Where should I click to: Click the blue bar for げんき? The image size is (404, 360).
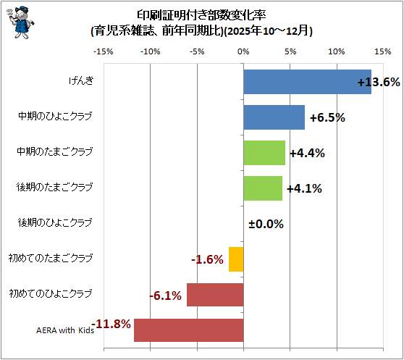point(308,82)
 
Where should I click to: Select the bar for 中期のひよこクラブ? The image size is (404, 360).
point(274,117)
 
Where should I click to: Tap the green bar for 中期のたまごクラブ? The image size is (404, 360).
point(264,153)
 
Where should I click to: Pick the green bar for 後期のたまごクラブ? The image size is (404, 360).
point(263,188)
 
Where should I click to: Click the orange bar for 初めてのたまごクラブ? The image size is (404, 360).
point(236,259)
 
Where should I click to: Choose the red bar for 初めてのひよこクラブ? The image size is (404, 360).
point(215,295)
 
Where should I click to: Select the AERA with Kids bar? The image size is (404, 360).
point(188,330)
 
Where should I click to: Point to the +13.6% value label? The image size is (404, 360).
point(379,82)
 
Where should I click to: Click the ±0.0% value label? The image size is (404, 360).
point(266,224)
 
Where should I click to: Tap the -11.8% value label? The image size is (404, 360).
point(111,324)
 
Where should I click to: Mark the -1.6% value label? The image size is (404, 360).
point(207,259)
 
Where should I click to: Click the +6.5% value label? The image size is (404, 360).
point(327,118)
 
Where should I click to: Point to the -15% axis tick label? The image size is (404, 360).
point(104,52)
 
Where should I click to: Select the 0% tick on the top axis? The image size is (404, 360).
point(243,52)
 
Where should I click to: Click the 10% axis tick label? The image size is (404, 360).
point(337,52)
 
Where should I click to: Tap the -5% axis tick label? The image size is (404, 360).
point(197,52)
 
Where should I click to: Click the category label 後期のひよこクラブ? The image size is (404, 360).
point(55,222)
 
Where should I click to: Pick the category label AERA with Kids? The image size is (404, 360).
point(65,330)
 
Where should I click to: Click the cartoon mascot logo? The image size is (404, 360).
point(20,22)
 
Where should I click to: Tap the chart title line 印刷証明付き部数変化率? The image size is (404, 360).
point(201,15)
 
